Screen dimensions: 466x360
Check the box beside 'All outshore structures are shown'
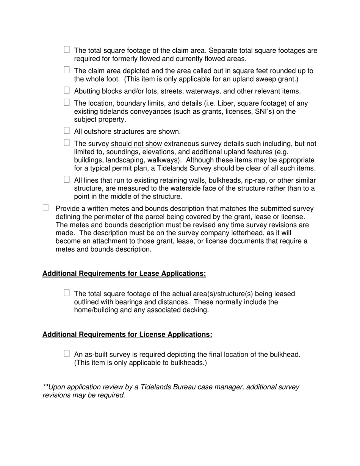(x=67, y=131)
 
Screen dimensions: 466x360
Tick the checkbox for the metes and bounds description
(x=46, y=208)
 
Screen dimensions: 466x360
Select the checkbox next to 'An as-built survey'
(x=67, y=353)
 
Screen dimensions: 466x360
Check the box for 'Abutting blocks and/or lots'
(x=67, y=90)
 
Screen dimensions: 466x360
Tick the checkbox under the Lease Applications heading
(x=67, y=293)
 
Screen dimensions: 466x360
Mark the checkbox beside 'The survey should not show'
(x=67, y=143)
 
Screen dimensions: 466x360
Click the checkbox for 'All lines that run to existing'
(x=67, y=179)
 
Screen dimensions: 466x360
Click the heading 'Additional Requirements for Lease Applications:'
(x=124, y=274)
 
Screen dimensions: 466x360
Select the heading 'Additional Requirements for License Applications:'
(x=127, y=334)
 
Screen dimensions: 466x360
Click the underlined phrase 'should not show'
(x=136, y=144)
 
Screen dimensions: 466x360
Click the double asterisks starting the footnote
(x=45, y=387)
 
